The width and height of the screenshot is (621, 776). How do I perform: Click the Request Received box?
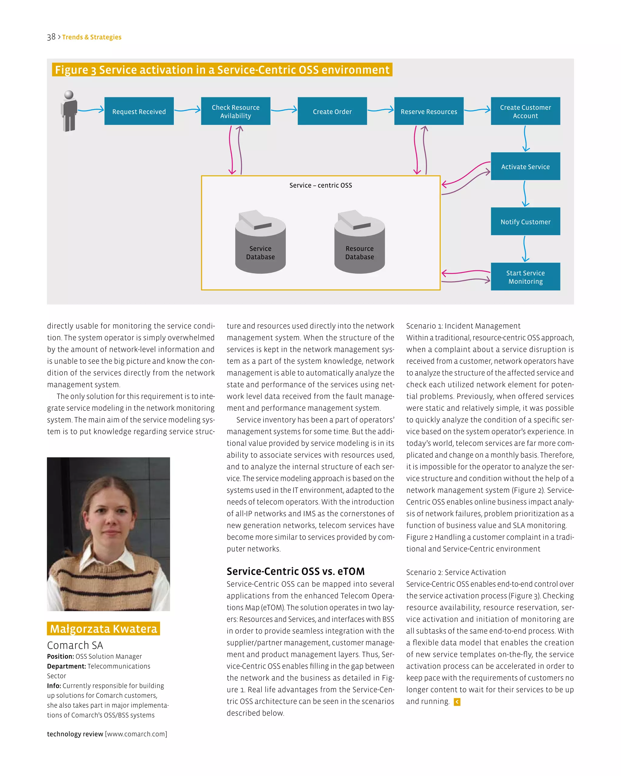click(x=139, y=111)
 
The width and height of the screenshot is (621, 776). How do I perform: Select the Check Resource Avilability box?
click(x=235, y=111)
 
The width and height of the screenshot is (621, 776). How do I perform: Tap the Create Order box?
click(x=332, y=111)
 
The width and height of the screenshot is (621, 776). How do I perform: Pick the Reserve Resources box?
click(x=428, y=111)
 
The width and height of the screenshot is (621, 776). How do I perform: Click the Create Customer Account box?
click(x=525, y=111)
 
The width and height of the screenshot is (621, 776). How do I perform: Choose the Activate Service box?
click(x=525, y=166)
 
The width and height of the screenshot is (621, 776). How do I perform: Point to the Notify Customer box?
click(x=525, y=221)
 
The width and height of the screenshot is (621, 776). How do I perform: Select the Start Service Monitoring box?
click(x=525, y=276)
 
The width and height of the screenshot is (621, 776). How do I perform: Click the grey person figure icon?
click(x=69, y=111)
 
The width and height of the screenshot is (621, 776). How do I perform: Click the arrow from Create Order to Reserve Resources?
click(x=381, y=110)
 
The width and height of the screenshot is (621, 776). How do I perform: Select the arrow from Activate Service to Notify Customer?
click(x=525, y=194)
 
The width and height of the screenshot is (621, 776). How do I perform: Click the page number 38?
click(x=51, y=37)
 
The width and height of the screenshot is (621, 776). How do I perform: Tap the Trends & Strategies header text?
click(x=92, y=37)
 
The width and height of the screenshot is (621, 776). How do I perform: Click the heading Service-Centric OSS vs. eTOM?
click(x=295, y=571)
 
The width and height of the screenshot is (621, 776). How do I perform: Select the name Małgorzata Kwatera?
click(x=103, y=628)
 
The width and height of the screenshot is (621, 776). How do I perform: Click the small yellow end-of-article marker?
click(x=457, y=702)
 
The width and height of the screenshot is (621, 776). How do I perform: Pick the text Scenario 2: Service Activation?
click(x=456, y=572)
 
